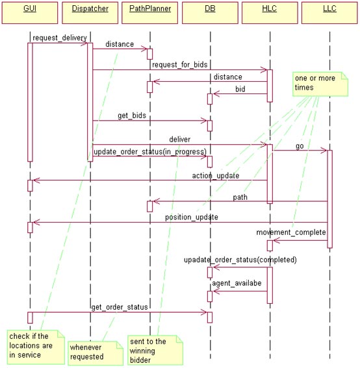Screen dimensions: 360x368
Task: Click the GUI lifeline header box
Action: pos(30,13)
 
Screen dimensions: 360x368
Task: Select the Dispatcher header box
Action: pos(90,13)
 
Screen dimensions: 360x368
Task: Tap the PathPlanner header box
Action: pos(149,13)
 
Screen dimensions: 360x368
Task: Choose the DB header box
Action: pos(210,13)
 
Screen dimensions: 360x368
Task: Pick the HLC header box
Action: pos(270,13)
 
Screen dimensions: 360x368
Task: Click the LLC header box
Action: pos(329,13)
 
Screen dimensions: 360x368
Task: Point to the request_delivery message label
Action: pos(60,38)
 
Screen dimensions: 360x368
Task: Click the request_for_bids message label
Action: pos(180,64)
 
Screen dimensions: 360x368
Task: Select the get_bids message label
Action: pos(132,116)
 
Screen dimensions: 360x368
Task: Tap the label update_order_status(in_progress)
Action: pos(150,152)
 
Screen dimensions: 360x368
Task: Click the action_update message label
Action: pos(216,175)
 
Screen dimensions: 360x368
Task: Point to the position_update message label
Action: pos(192,217)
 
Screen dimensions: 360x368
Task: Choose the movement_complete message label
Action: pos(291,232)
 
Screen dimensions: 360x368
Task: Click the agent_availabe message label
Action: pos(237,283)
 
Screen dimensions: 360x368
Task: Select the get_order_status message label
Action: pos(120,307)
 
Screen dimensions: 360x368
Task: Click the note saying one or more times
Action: pos(320,84)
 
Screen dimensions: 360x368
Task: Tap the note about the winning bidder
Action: pos(155,350)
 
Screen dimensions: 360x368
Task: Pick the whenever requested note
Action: pos(96,353)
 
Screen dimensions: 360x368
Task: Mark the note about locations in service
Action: pos(36,347)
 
